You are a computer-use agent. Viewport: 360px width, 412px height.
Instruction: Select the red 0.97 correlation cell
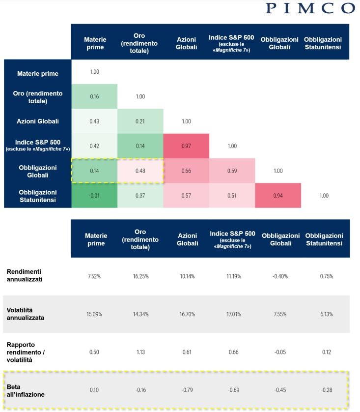click(186, 146)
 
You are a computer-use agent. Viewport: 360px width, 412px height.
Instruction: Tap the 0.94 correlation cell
click(278, 195)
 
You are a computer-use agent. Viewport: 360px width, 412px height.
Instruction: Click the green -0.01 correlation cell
click(94, 195)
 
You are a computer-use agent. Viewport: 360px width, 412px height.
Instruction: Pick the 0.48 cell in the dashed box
click(140, 171)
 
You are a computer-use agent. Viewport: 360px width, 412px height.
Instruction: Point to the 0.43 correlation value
click(94, 121)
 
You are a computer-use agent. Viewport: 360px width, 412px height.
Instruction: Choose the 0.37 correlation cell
click(140, 195)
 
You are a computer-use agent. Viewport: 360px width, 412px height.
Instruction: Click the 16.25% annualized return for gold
click(140, 276)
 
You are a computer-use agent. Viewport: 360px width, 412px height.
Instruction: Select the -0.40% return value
click(278, 276)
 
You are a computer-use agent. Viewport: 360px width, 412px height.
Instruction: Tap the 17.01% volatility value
click(232, 314)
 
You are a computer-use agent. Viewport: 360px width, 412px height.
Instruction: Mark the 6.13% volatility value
click(324, 314)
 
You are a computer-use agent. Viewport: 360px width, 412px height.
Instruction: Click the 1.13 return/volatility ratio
click(140, 352)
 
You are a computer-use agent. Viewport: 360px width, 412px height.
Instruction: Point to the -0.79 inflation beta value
click(186, 389)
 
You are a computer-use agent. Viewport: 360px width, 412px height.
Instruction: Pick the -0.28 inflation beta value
click(324, 389)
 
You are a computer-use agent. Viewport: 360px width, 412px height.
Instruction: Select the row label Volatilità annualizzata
click(26, 314)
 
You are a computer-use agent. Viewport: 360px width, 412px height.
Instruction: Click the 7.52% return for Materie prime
click(94, 276)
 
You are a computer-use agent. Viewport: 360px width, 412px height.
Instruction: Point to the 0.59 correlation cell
click(232, 171)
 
